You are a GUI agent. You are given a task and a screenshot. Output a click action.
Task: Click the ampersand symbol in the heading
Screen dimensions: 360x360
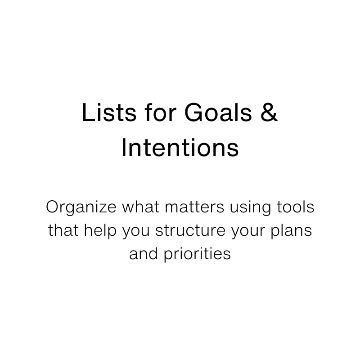click(x=269, y=113)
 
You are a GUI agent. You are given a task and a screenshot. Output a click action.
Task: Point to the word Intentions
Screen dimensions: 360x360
click(x=180, y=149)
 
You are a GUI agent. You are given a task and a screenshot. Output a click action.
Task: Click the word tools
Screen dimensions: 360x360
click(x=295, y=208)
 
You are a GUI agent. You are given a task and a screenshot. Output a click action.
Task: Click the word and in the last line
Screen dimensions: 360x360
click(x=143, y=253)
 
